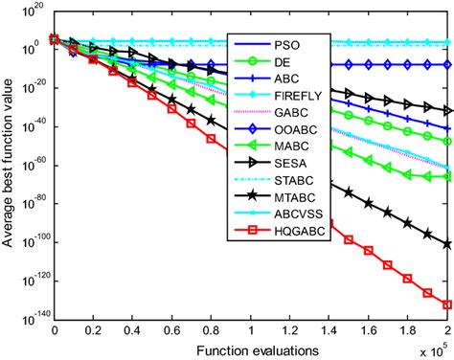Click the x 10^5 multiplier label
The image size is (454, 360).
(x=432, y=342)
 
